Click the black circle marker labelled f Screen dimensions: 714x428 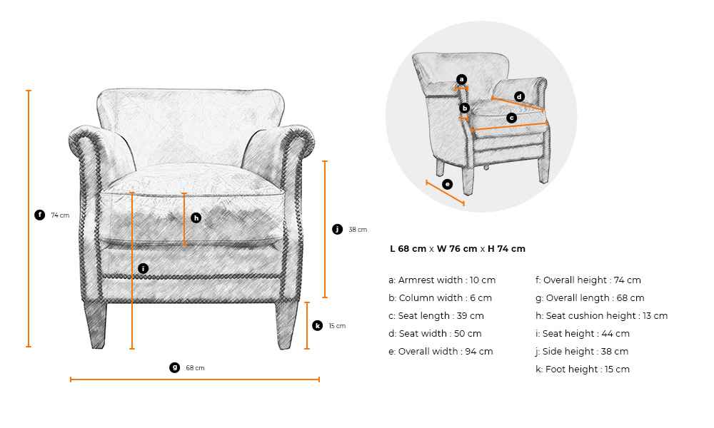point(39,215)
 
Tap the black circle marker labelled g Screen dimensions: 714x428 point(174,367)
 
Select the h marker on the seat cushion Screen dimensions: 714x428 point(196,218)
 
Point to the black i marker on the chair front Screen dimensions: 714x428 point(143,268)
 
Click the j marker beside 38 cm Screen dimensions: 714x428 point(337,229)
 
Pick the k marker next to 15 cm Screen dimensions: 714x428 point(318,326)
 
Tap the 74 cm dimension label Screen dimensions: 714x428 point(60,215)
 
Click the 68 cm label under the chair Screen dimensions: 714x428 point(195,368)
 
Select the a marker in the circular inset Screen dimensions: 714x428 point(462,80)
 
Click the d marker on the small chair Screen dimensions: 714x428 point(520,96)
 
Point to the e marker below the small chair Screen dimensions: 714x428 point(447,184)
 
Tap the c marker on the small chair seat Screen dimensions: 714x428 point(512,118)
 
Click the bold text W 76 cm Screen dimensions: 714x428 point(457,249)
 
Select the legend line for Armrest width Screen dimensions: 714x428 point(442,280)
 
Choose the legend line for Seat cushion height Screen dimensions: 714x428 point(601,316)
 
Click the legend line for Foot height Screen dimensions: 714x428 point(583,370)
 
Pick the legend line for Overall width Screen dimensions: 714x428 point(441,352)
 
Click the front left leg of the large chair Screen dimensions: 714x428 point(96,325)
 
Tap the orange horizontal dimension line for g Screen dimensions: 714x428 point(195,379)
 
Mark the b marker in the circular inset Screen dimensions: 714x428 point(465,108)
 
